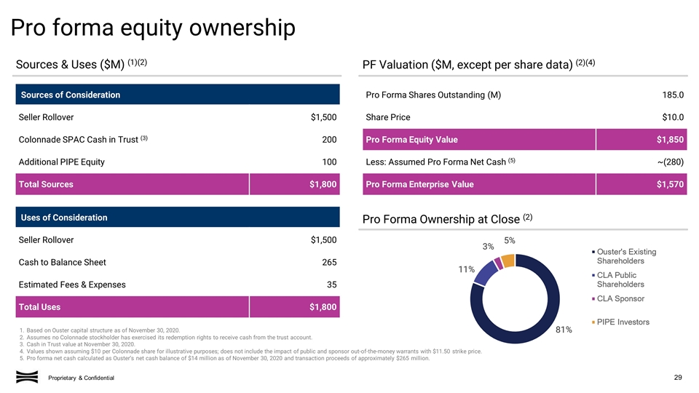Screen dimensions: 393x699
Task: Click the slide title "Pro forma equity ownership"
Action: (x=152, y=28)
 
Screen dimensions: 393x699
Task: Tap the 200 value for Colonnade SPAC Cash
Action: (x=329, y=140)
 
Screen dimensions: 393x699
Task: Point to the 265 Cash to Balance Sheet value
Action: (x=329, y=262)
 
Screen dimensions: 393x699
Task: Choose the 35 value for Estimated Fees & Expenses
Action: (x=331, y=285)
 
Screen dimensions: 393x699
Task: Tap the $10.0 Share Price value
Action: (x=672, y=117)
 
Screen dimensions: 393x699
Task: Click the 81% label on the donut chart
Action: (x=563, y=330)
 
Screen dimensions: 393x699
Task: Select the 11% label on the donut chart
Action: (x=467, y=269)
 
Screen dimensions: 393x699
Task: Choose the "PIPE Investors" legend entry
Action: (x=626, y=322)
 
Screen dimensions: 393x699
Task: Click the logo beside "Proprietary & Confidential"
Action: (x=27, y=376)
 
